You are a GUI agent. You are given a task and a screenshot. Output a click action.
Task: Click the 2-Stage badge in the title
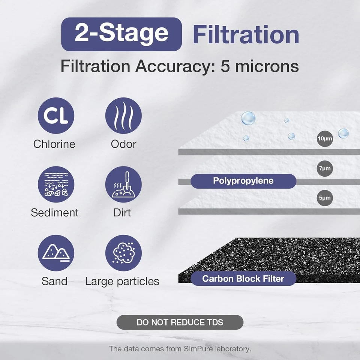coord(121,34)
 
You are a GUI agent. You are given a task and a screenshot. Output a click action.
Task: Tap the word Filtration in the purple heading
coord(246,35)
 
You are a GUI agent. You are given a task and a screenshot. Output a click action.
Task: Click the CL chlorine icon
coord(56,115)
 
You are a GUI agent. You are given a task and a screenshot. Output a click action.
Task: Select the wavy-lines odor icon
coord(123,115)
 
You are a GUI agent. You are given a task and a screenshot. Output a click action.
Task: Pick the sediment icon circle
coord(56,184)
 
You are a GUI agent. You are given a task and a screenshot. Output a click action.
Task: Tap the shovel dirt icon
coord(123,184)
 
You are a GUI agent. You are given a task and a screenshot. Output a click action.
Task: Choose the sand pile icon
coord(56,253)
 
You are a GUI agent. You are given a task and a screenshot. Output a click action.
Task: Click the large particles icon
coord(123,253)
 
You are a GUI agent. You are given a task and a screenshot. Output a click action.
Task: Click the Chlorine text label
coord(54,144)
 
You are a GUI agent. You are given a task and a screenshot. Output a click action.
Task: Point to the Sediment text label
coord(55,213)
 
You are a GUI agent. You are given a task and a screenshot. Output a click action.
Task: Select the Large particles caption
coord(122,281)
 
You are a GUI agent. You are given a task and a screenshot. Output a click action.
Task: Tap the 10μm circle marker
coord(325,139)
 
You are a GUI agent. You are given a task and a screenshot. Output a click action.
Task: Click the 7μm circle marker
coord(325,168)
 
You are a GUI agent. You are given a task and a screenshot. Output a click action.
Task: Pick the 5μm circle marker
coord(325,198)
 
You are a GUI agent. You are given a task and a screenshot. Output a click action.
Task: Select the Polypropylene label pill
coord(243,181)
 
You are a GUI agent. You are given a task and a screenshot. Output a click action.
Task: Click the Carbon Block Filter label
coord(243,279)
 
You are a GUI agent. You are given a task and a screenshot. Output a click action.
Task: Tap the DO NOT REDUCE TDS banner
coord(180,322)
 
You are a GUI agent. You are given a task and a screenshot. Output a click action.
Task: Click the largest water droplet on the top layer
coord(248,118)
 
